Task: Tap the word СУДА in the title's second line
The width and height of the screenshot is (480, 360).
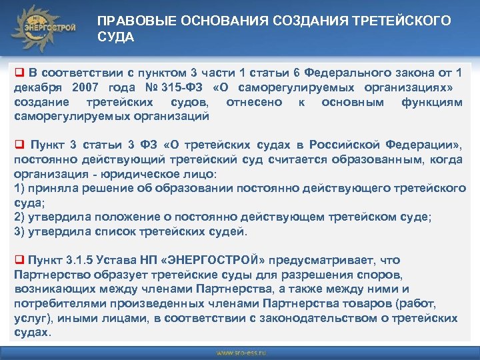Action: pyautogui.click(x=116, y=37)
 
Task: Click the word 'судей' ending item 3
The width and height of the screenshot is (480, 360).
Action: pyautogui.click(x=231, y=232)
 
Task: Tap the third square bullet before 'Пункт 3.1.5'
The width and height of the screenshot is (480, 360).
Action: pyautogui.click(x=19, y=260)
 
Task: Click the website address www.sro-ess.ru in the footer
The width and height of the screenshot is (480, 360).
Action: pyautogui.click(x=240, y=351)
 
